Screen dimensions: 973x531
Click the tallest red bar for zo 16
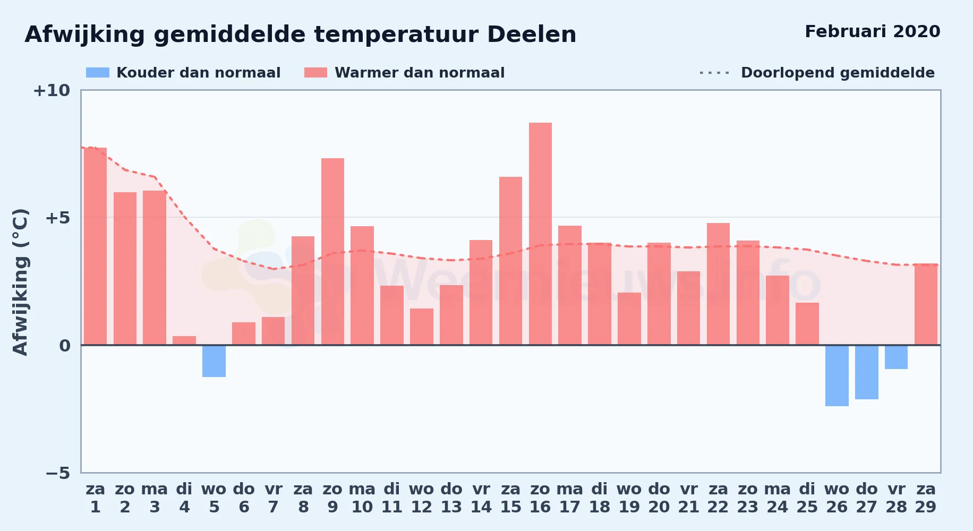540,234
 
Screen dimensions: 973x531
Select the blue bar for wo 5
214,361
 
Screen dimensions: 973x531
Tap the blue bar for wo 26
837,375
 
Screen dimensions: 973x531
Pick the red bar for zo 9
332,252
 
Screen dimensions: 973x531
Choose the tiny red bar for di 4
184,340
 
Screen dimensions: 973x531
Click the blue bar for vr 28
896,357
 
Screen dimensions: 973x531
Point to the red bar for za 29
926,304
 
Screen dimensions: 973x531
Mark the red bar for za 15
510,261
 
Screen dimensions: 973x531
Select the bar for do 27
867,372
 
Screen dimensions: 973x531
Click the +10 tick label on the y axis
52,90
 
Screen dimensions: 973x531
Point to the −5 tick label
58,473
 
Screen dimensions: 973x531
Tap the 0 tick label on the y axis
65,346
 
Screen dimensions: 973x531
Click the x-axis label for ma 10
362,498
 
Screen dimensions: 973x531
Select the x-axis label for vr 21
689,498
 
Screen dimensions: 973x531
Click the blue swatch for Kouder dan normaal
98,73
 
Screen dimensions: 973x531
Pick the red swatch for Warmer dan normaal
316,73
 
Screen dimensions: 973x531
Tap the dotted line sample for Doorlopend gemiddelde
715,73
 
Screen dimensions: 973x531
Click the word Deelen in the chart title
532,35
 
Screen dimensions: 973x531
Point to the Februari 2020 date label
873,31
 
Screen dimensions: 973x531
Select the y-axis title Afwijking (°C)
20,282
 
